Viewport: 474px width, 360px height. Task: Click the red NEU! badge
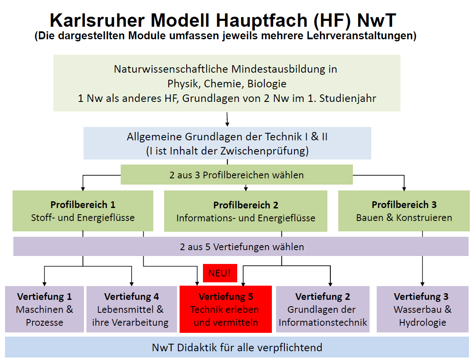click(220, 273)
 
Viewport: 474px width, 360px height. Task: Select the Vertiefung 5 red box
click(226, 309)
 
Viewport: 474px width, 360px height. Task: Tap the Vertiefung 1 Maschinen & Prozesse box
click(44, 309)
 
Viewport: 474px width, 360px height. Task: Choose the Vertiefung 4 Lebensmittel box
click(132, 309)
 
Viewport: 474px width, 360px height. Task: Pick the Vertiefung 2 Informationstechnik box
click(322, 309)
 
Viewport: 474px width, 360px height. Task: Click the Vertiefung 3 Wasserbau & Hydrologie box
click(422, 309)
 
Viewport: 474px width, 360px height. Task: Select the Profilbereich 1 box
click(83, 210)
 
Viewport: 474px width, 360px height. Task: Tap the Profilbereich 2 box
click(246, 211)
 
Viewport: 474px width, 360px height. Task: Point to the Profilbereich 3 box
click(404, 210)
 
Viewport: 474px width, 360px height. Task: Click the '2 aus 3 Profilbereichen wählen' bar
click(236, 175)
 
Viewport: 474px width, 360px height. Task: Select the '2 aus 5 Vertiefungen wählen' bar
click(241, 246)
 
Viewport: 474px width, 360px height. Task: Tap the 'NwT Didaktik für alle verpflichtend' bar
click(237, 347)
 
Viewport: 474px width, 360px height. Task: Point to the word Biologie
click(266, 84)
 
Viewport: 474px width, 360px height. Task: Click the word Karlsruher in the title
click(97, 20)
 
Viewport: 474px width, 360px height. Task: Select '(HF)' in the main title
click(332, 20)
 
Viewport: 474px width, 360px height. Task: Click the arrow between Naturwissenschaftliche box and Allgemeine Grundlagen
click(227, 119)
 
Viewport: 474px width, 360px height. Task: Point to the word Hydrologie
click(422, 322)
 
